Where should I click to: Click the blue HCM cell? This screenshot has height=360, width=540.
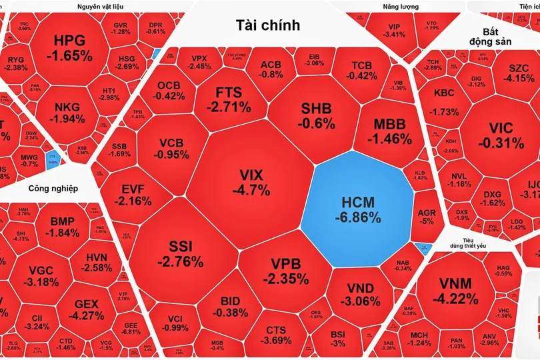coord(357,208)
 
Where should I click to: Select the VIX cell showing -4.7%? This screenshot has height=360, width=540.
coord(251,181)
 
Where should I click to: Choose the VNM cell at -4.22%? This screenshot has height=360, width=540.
coord(458,291)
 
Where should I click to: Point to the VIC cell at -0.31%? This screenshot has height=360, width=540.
coord(497,135)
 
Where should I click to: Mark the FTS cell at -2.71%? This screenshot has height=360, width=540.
coord(229,99)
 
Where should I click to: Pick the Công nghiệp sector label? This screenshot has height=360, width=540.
coord(53,188)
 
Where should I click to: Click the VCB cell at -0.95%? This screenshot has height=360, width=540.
coord(174,148)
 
